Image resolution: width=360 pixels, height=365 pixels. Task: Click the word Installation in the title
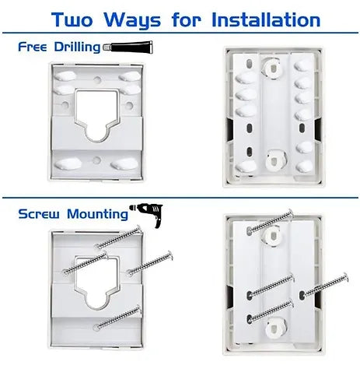tap(266, 20)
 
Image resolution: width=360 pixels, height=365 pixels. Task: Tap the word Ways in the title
tap(132, 21)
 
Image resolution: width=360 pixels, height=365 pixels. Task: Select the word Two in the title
tap(72, 19)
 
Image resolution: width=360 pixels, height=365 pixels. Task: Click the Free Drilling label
tap(59, 47)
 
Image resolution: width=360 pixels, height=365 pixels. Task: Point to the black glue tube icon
tap(128, 47)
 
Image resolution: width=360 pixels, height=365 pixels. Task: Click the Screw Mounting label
tap(73, 214)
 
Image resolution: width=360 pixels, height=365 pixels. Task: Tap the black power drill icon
tap(147, 215)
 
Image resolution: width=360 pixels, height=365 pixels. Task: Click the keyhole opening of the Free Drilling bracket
tap(96, 115)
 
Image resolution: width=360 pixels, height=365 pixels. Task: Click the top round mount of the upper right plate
tap(271, 67)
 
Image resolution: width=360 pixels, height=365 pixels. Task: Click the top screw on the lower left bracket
tap(119, 237)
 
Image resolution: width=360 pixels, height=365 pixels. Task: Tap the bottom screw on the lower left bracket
tap(118, 318)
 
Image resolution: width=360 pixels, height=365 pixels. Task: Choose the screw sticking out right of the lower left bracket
tap(150, 263)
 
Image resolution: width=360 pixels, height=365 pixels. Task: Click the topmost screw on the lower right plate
tap(270, 221)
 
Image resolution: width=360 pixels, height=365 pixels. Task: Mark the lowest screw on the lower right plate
tap(271, 311)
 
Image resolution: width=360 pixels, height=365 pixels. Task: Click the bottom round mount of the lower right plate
tap(275, 328)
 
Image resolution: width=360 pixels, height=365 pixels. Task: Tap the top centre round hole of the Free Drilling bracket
tap(97, 79)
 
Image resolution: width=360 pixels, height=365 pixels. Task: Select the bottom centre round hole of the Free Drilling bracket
tap(96, 160)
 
